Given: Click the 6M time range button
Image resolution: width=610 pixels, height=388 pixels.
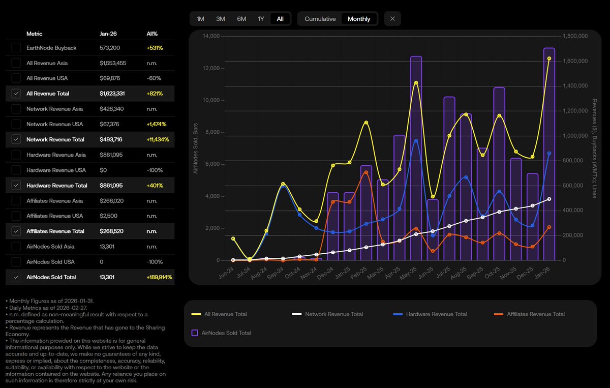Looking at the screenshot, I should tap(241, 19).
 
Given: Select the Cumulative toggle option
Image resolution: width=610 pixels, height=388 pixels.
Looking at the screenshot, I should tap(320, 19).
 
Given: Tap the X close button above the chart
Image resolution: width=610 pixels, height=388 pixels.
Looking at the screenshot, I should tap(392, 19).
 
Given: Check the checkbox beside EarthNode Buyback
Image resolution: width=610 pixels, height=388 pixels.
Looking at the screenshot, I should tap(16, 48).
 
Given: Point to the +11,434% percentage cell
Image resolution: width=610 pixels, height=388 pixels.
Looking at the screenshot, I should tap(158, 139).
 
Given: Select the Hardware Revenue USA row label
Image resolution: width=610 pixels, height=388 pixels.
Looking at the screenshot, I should tap(56, 170).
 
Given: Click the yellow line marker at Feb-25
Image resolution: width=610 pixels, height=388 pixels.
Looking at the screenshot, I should tap(366, 123).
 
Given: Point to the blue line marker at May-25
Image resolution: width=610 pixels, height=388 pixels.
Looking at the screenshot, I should tap(416, 141).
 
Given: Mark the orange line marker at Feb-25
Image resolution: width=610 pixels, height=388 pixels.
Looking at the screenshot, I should tap(366, 172).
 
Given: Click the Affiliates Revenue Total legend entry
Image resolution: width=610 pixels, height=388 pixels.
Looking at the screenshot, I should tap(535, 314).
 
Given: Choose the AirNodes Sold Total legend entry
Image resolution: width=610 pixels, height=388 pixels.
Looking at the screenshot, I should tap(226, 333).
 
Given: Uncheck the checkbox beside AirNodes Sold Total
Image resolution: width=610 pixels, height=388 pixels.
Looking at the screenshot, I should tap(16, 277).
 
